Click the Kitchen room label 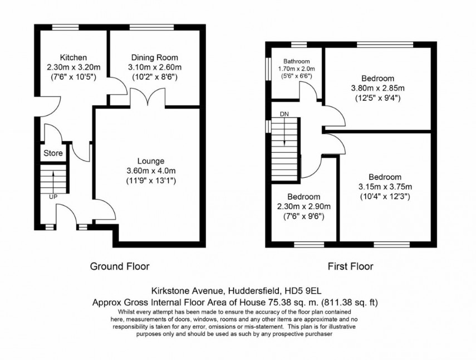[73, 57]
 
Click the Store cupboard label [53, 153]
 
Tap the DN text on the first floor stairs [284, 114]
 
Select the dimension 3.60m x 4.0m [148, 171]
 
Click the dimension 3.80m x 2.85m [377, 88]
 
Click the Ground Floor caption [120, 266]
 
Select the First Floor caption [350, 266]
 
